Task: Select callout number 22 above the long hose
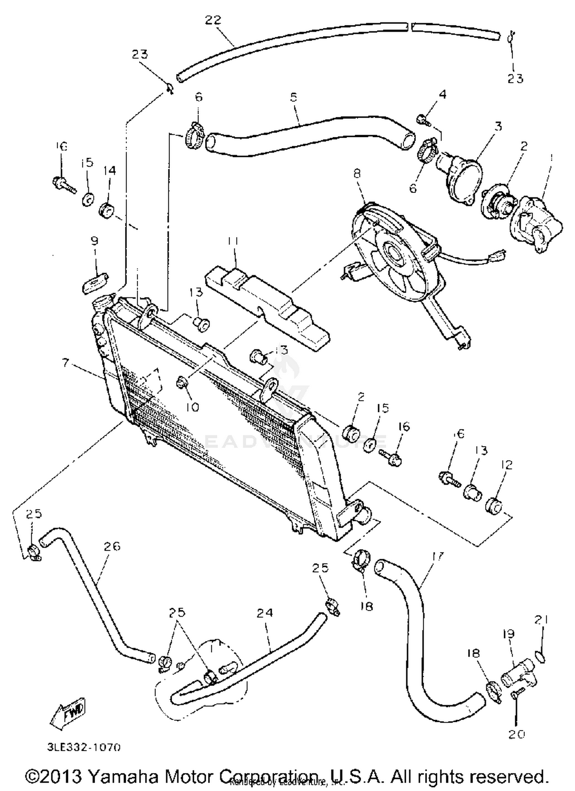point(213,20)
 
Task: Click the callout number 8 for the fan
point(356,174)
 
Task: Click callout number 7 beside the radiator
point(66,362)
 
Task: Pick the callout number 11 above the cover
point(233,241)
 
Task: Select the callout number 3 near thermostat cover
point(498,126)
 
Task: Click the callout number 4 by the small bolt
point(442,94)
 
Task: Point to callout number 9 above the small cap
point(94,241)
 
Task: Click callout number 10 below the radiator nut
point(193,407)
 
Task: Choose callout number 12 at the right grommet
point(506,465)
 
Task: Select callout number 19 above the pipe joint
point(508,634)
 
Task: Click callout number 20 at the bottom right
point(516,734)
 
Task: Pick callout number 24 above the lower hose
point(264,613)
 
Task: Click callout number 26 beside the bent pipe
point(112,546)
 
